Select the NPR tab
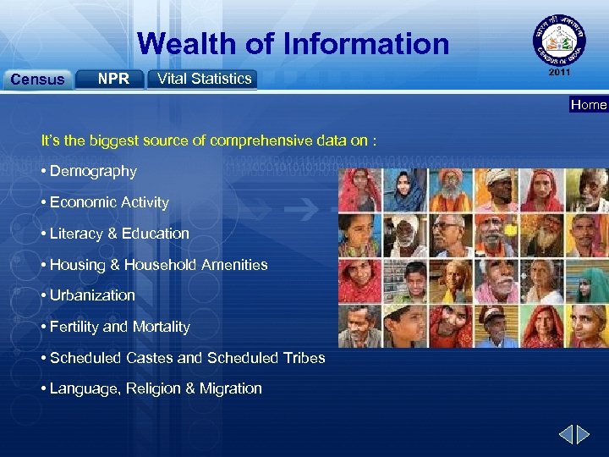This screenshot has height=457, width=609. coord(112,79)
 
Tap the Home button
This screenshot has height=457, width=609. coord(589,105)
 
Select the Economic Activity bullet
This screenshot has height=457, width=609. coord(109,202)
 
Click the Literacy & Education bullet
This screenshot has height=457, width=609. coord(119,234)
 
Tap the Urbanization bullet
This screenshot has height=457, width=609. coord(92,295)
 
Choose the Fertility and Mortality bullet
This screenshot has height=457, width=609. coord(119,327)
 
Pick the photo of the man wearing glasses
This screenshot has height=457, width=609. coord(451,237)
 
